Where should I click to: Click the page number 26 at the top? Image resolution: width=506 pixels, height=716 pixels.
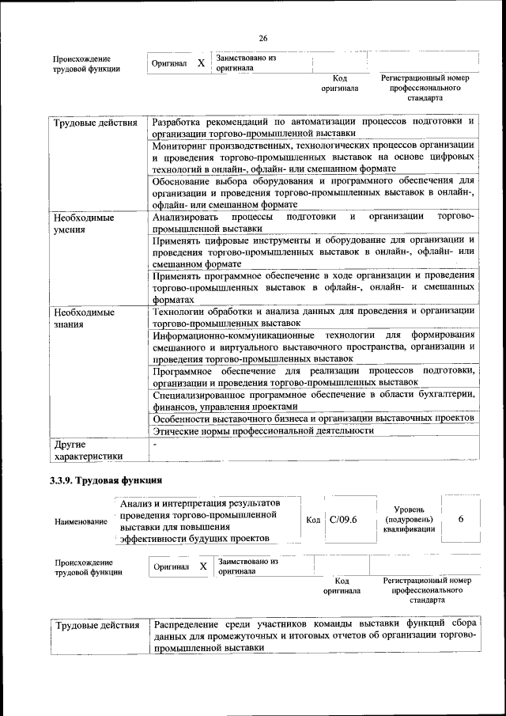point(263,38)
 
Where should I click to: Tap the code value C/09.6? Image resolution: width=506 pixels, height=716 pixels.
point(343,519)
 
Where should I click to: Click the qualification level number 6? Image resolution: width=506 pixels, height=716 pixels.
point(460,519)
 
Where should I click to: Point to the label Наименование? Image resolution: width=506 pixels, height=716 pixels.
point(81,522)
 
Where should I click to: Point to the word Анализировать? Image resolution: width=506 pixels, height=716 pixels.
point(187,217)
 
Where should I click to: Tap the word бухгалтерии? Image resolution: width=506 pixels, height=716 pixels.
point(446,395)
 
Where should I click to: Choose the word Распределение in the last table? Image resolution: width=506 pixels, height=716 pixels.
point(190,624)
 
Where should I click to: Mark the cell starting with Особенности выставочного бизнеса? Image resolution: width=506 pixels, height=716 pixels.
point(312,418)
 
